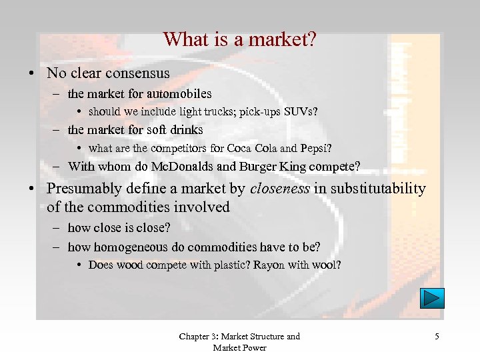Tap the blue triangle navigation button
432,297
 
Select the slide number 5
437,337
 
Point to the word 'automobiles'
178,94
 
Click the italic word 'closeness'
279,189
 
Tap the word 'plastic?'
229,265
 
